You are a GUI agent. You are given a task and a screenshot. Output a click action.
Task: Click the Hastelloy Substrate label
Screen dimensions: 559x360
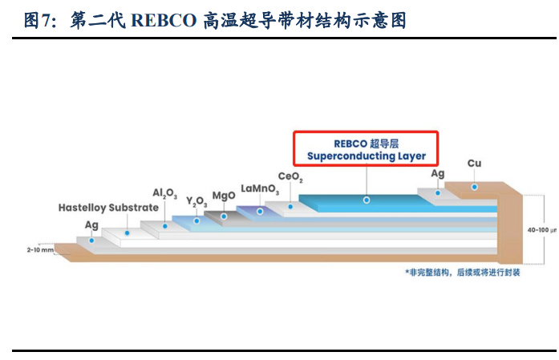pos(108,208)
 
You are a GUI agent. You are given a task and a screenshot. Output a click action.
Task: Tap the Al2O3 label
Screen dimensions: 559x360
pos(164,193)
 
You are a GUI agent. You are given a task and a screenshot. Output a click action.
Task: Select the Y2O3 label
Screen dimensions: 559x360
pos(196,202)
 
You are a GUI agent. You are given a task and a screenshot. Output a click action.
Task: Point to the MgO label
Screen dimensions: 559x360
pos(224,196)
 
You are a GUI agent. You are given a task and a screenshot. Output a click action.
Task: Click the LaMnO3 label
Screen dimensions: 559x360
pos(260,189)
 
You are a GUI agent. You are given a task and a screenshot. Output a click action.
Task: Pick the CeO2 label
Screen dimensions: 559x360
pos(290,176)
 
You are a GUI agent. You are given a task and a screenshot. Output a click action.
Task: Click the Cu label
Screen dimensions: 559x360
pos(474,164)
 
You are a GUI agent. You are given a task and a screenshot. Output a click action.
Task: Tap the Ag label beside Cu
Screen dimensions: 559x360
pos(438,174)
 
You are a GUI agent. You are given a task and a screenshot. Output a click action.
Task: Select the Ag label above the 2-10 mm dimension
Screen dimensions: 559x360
pos(91,225)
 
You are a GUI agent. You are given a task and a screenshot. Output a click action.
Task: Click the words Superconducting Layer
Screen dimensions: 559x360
pos(367,156)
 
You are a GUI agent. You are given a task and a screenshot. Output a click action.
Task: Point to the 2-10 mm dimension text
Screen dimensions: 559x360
pos(40,250)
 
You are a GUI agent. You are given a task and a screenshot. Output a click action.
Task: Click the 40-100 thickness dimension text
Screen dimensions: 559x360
pos(542,230)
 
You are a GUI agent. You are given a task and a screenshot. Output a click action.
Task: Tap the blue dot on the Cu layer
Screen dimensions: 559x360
pos(475,187)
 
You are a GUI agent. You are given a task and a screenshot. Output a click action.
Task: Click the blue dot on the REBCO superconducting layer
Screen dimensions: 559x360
pos(367,200)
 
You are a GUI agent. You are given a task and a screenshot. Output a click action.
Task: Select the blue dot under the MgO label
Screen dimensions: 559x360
pos(224,216)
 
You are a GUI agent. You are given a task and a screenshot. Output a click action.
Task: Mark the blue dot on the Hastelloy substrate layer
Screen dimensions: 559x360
pos(128,233)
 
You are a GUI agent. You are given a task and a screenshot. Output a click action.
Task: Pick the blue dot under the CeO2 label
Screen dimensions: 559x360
pos(290,207)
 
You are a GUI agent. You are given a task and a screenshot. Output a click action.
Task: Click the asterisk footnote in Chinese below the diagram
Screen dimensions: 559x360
pos(463,273)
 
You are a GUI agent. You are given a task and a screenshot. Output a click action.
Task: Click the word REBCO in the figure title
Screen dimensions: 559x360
pos(164,20)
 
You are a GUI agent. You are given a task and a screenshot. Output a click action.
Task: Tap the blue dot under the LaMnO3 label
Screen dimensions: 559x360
pos(260,212)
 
